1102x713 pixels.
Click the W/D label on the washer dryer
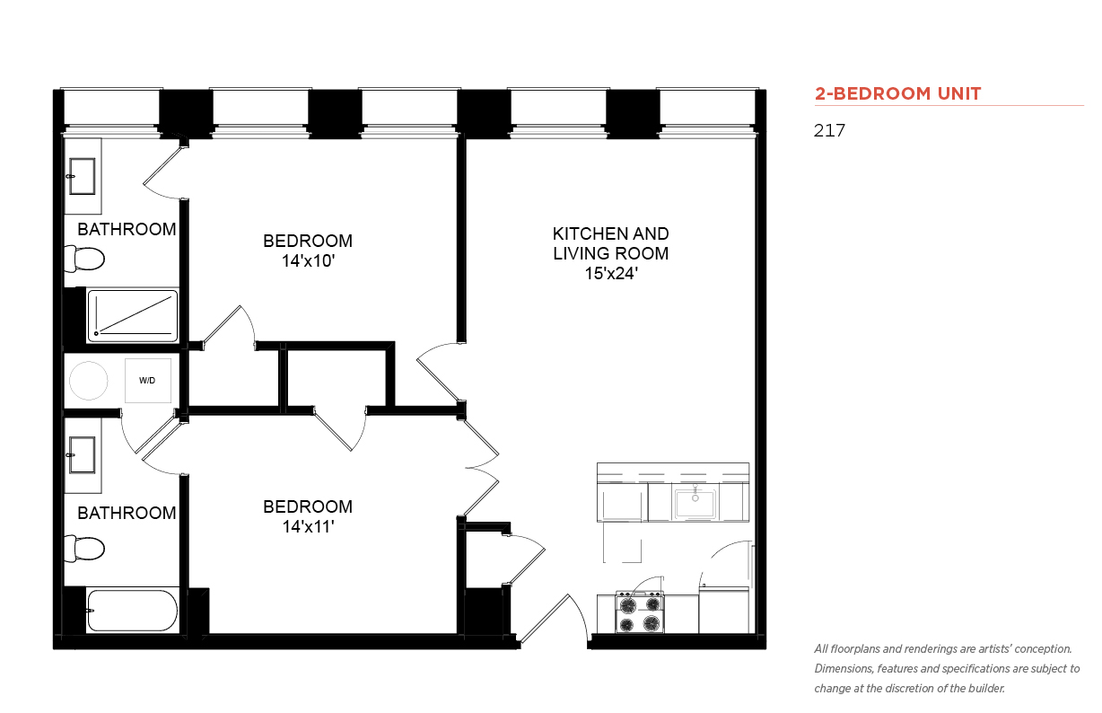tap(147, 381)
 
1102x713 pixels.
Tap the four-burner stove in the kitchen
tap(640, 612)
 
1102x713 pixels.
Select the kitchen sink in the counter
tap(695, 503)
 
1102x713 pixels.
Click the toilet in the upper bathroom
tap(84, 259)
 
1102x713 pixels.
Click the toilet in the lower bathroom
tap(84, 549)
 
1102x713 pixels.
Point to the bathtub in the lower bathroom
tap(132, 611)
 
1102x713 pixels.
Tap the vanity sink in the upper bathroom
tap(82, 176)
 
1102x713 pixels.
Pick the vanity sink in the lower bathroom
tap(82, 455)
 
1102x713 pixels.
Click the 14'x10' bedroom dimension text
tap(309, 261)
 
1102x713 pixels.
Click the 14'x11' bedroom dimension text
tap(309, 527)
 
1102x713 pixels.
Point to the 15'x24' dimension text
tap(611, 273)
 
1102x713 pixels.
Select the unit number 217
tap(829, 130)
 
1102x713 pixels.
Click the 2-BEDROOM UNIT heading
tap(897, 93)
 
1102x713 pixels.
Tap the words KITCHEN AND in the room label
tap(611, 233)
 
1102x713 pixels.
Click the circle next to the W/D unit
tap(89, 381)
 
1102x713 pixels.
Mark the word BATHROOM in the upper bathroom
tap(127, 230)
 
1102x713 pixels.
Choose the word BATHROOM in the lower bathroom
tap(127, 513)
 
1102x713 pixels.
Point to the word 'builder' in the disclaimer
tap(986, 689)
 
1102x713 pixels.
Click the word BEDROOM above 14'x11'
tap(308, 506)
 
